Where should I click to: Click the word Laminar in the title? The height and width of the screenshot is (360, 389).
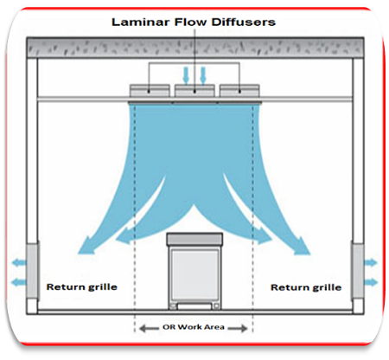[141, 22]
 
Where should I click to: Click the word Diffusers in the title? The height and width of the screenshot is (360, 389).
[243, 22]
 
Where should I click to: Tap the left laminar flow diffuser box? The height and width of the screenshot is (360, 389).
[150, 91]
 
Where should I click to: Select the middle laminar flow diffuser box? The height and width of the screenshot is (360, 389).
[194, 91]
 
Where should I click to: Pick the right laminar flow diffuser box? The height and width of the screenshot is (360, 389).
[239, 91]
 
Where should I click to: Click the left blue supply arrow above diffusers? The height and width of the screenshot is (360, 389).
[186, 75]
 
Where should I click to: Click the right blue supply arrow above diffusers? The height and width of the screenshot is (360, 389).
[203, 75]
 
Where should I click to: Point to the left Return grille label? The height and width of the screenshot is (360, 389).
[82, 287]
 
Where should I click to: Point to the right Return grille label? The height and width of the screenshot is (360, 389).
[306, 287]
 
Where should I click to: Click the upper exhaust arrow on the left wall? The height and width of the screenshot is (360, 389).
[19, 262]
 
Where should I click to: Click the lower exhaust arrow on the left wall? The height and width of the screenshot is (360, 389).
[19, 282]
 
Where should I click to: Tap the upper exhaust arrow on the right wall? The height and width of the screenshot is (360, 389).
[371, 262]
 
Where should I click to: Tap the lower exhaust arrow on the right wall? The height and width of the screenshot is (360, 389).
[371, 282]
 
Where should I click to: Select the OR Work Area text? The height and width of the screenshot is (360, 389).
[194, 327]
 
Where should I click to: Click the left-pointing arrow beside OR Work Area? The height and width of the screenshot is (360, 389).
[149, 328]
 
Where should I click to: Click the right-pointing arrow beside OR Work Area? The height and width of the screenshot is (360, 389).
[238, 328]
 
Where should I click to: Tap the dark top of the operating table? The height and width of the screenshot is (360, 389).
[194, 240]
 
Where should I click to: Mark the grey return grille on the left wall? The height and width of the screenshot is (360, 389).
[32, 271]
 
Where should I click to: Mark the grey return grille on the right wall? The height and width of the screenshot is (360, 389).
[358, 271]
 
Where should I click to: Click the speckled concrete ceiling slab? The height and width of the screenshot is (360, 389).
[195, 48]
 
